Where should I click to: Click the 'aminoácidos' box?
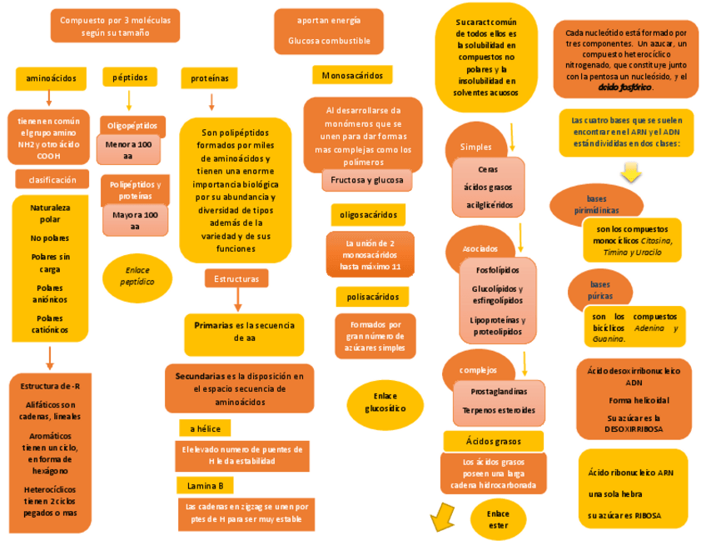pyautogui.click(x=50, y=78)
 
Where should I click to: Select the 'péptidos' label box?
pyautogui.click(x=129, y=78)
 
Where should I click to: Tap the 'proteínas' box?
pyautogui.click(x=209, y=78)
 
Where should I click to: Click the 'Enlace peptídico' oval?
pyautogui.click(x=137, y=277)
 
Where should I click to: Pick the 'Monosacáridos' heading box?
pyautogui.click(x=351, y=76)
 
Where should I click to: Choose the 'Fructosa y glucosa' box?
pyautogui.click(x=366, y=180)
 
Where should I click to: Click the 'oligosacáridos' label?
pyautogui.click(x=368, y=215)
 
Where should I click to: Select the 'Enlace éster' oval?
pyautogui.click(x=498, y=519)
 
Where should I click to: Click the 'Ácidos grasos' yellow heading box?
pyautogui.click(x=493, y=441)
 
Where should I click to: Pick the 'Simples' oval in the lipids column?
pyautogui.click(x=476, y=148)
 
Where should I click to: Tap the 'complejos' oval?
pyautogui.click(x=478, y=370)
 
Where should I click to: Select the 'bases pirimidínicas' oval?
pyautogui.click(x=595, y=204)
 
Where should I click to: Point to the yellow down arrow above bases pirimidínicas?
pyautogui.click(x=631, y=172)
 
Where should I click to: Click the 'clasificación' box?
pyautogui.click(x=52, y=180)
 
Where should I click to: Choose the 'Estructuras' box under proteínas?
pyautogui.click(x=236, y=278)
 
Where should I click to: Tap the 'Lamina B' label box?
pyautogui.click(x=205, y=485)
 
